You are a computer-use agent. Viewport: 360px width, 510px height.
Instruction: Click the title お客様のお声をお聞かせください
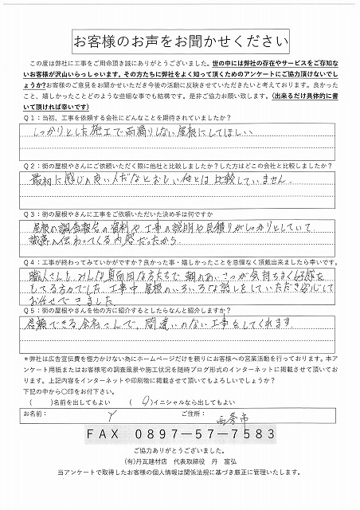(180, 40)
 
